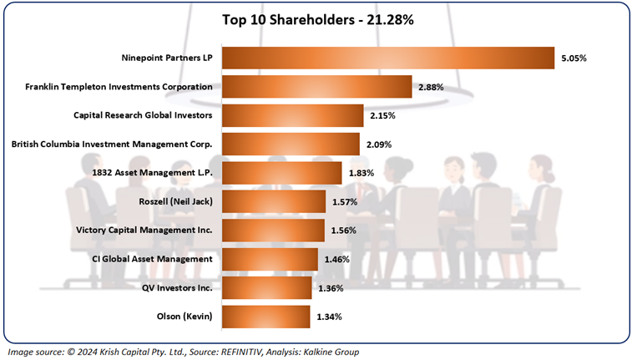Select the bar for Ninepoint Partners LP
click(387, 58)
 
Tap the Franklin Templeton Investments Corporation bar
click(316, 87)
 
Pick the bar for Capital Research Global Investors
click(292, 115)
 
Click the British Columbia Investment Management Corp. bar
click(291, 145)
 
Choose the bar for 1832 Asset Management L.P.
click(281, 173)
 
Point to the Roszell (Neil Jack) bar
click(273, 201)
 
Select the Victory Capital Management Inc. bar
click(273, 231)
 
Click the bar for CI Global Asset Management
click(270, 259)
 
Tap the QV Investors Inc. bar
click(266, 288)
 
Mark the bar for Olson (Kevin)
click(265, 317)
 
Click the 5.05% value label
click(574, 58)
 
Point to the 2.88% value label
click(431, 87)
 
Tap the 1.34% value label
click(329, 317)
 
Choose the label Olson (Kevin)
click(185, 317)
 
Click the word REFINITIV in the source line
click(212, 352)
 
